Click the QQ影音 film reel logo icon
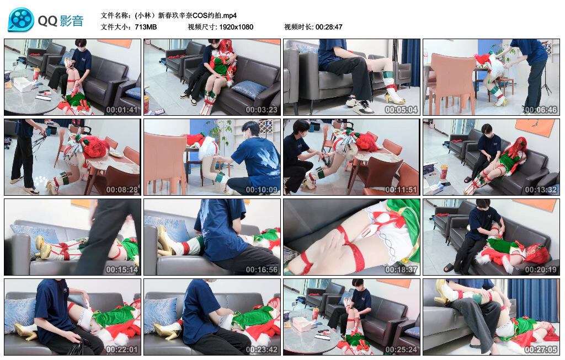[x=21, y=20]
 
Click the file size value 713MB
[x=146, y=26]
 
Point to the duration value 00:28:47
[x=329, y=26]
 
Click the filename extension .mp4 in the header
[x=228, y=15]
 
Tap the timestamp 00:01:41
[x=122, y=109]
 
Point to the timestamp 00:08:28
[x=122, y=190]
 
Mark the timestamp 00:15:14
[x=122, y=270]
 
